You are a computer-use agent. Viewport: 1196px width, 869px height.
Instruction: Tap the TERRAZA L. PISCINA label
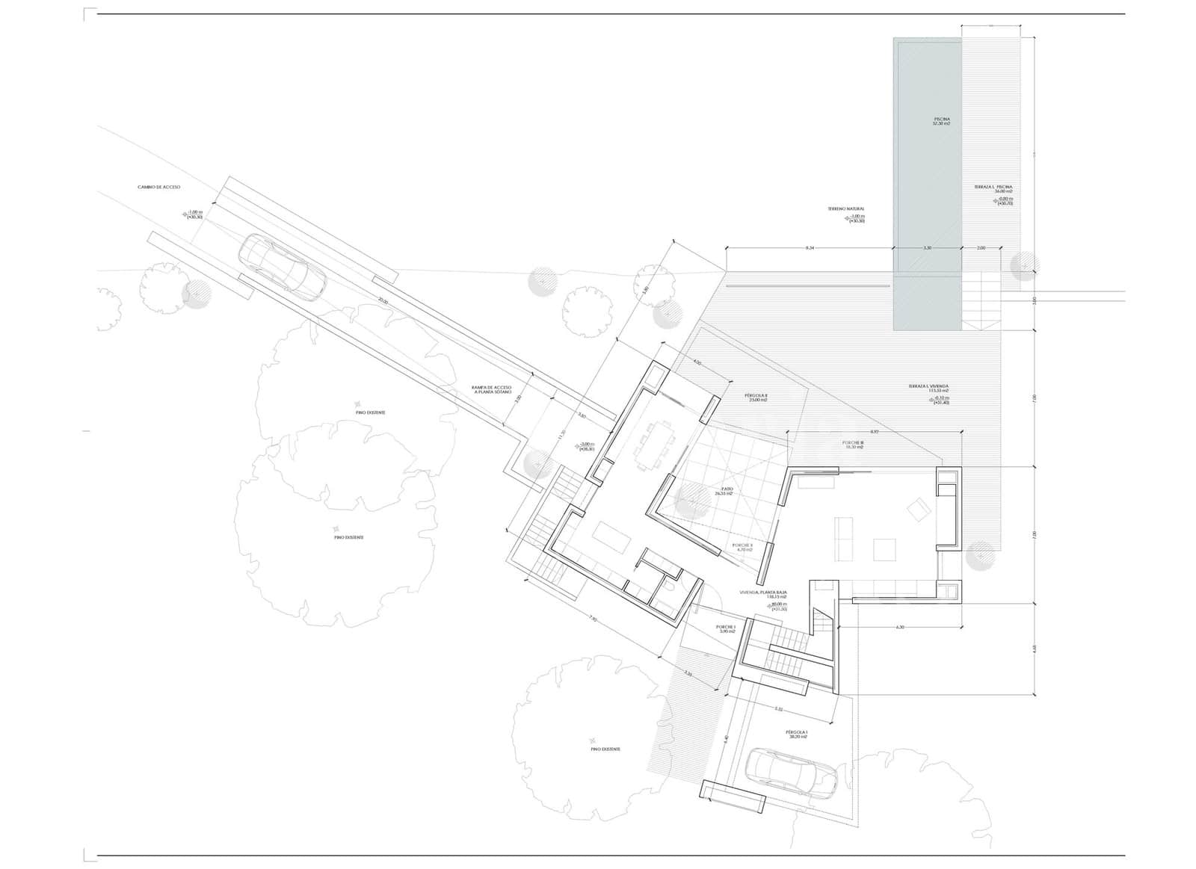[x=993, y=187]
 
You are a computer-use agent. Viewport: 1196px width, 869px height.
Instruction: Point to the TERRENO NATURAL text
[x=845, y=209]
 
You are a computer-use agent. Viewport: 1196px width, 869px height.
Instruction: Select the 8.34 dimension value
[x=810, y=247]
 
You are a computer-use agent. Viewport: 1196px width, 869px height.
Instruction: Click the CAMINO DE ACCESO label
[x=159, y=187]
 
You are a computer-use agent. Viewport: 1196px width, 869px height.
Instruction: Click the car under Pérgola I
[x=792, y=773]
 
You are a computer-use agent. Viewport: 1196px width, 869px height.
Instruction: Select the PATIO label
[x=723, y=491]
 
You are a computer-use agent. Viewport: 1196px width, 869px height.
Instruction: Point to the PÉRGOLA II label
[x=756, y=397]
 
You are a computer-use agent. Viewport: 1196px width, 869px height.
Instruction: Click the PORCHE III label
[x=853, y=443]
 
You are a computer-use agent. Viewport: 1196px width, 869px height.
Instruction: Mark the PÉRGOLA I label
[x=797, y=734]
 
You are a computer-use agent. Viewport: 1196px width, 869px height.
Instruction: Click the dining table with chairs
[x=653, y=446]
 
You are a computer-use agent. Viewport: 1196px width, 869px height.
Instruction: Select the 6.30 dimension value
[x=899, y=627]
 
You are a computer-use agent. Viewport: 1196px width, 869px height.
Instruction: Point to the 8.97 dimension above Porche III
[x=874, y=432]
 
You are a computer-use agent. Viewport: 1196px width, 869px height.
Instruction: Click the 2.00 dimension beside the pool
[x=981, y=247]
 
